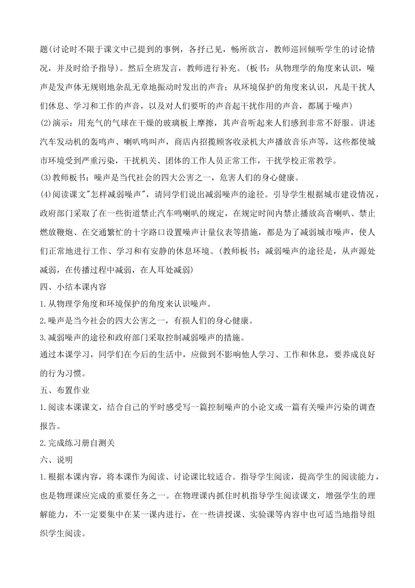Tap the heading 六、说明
tap(56, 460)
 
